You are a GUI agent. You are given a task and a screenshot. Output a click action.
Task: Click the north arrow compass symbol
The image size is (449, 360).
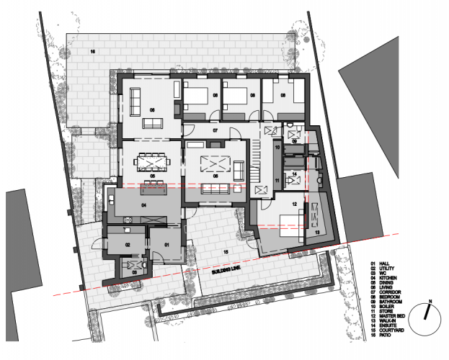click(x=430, y=312)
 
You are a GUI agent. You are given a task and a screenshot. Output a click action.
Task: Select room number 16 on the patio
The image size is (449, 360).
click(x=92, y=53)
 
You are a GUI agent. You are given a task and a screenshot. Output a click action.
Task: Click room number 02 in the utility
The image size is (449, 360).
click(x=127, y=245)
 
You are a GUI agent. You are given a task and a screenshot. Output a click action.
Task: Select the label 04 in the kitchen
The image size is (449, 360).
click(x=143, y=206)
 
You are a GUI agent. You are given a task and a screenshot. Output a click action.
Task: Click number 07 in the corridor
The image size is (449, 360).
click(x=215, y=130)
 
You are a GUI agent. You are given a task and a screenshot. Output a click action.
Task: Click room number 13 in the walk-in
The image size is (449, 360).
click(x=317, y=233)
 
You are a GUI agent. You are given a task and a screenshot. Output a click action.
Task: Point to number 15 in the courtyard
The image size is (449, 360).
click(x=226, y=252)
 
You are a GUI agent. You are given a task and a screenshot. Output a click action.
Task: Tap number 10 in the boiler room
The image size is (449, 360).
click(x=277, y=146)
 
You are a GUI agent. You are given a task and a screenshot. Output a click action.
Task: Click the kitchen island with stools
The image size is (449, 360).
click(x=153, y=189)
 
